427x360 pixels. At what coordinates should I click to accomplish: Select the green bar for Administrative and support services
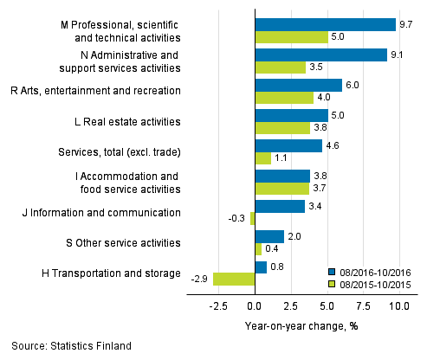tap(280, 67)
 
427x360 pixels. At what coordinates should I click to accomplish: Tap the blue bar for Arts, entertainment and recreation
tap(298, 85)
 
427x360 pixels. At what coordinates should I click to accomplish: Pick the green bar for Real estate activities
tap(282, 128)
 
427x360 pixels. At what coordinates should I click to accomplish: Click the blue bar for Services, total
tap(288, 145)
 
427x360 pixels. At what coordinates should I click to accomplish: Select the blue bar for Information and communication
tap(279, 206)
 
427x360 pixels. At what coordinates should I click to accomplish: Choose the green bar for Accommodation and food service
tap(281, 189)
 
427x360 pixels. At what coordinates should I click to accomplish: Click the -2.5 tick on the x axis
tap(217, 305)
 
